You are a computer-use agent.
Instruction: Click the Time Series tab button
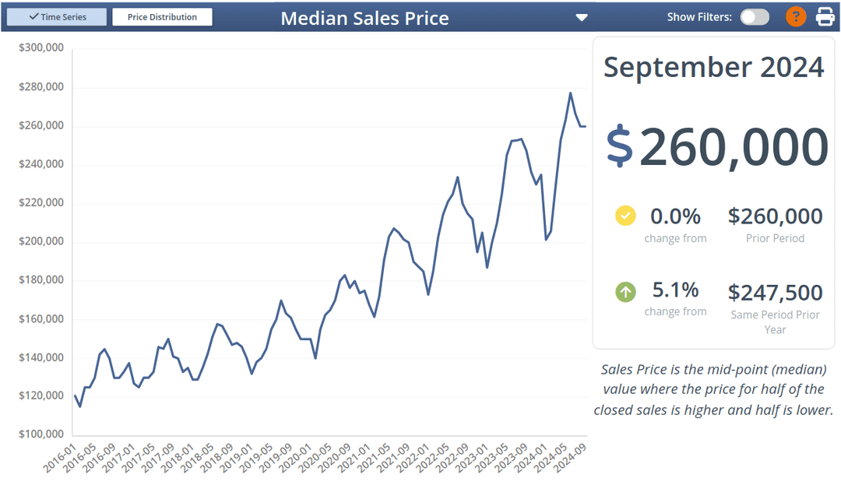click(57, 17)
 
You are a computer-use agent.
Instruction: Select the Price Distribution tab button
click(162, 17)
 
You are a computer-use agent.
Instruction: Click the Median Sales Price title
click(364, 18)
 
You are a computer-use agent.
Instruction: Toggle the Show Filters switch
click(754, 17)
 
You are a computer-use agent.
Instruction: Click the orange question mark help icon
click(796, 16)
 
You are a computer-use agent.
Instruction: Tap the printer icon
click(825, 16)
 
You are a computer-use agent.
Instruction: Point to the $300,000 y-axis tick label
click(40, 48)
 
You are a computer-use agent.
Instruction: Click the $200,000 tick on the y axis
click(40, 241)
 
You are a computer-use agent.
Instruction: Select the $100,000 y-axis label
click(40, 434)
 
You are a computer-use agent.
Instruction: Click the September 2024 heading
click(713, 67)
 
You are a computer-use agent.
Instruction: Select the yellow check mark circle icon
click(625, 216)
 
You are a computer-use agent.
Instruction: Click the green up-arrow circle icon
click(625, 292)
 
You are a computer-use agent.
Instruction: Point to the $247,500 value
click(775, 293)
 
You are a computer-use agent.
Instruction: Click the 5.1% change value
click(675, 290)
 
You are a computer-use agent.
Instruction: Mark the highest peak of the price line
click(570, 93)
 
